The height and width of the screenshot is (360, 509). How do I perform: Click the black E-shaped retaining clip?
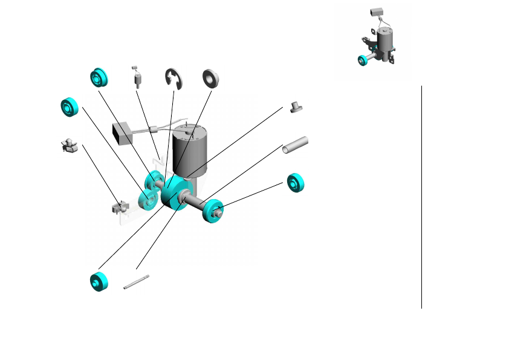tap(173, 79)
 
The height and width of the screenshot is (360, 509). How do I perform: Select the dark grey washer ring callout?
tap(210, 77)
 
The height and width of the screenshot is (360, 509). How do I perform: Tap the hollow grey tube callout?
tap(296, 145)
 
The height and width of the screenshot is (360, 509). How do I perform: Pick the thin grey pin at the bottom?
tap(136, 282)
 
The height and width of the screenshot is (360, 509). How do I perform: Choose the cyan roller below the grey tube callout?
tap(296, 183)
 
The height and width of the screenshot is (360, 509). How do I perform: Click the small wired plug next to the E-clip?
tap(137, 77)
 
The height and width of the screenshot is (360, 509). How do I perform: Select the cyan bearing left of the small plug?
tap(99, 77)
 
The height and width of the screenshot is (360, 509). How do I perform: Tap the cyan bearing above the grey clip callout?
tap(70, 106)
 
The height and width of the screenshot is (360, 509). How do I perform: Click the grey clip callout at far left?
tap(70, 146)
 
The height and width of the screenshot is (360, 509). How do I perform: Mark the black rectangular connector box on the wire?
tap(123, 133)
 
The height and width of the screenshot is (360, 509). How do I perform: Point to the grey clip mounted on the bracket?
tap(118, 208)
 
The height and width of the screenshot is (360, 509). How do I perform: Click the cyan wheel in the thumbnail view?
tap(363, 60)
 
